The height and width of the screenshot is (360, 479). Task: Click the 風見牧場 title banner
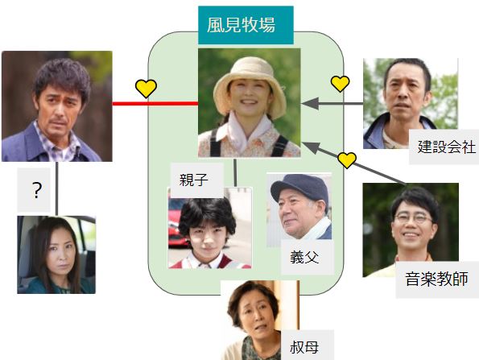[246, 25]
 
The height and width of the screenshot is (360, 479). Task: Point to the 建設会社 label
[444, 147]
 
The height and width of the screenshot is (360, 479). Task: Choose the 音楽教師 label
[437, 279]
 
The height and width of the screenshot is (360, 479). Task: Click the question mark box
[34, 190]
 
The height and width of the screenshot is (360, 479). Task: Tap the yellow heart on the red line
[146, 89]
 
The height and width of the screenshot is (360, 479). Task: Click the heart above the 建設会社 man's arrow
[340, 84]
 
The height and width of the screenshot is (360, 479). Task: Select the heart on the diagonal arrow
[347, 159]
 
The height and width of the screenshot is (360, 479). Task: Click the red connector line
[155, 104]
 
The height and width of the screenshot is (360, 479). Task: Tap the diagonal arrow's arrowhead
[311, 147]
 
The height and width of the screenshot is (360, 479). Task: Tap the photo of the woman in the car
[56, 254]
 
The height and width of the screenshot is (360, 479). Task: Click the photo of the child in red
[210, 228]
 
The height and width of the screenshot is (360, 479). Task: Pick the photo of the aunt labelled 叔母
[260, 321]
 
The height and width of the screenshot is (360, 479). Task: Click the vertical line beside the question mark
[57, 188]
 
